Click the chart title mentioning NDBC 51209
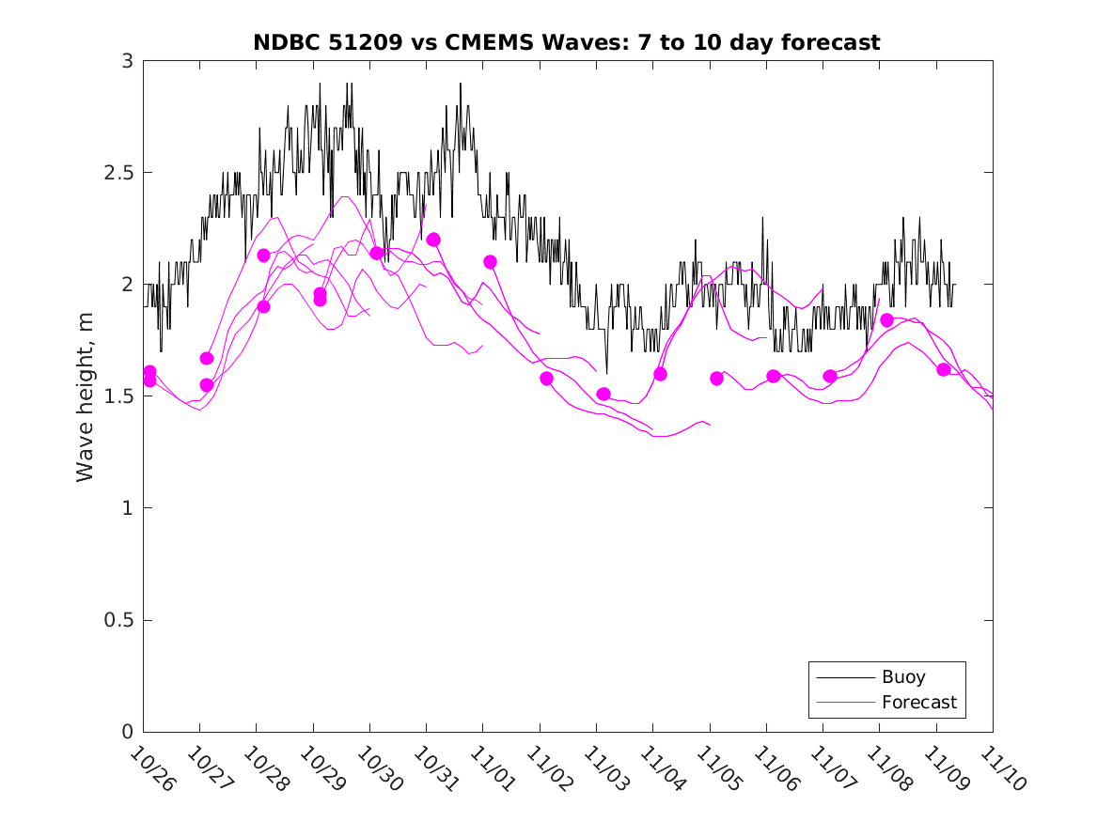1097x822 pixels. pyautogui.click(x=567, y=42)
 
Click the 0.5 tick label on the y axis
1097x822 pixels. pyautogui.click(x=121, y=620)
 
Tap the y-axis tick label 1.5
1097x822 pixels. pyautogui.click(x=121, y=396)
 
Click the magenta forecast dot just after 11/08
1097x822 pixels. pyautogui.click(x=886, y=320)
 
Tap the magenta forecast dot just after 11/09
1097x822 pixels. pyautogui.click(x=944, y=369)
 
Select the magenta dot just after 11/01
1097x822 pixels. pyautogui.click(x=490, y=262)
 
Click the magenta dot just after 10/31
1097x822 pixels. pyautogui.click(x=433, y=240)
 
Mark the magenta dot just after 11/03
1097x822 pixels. pyautogui.click(x=603, y=395)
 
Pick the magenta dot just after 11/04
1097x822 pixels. pyautogui.click(x=660, y=374)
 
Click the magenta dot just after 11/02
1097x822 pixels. pyautogui.click(x=546, y=379)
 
